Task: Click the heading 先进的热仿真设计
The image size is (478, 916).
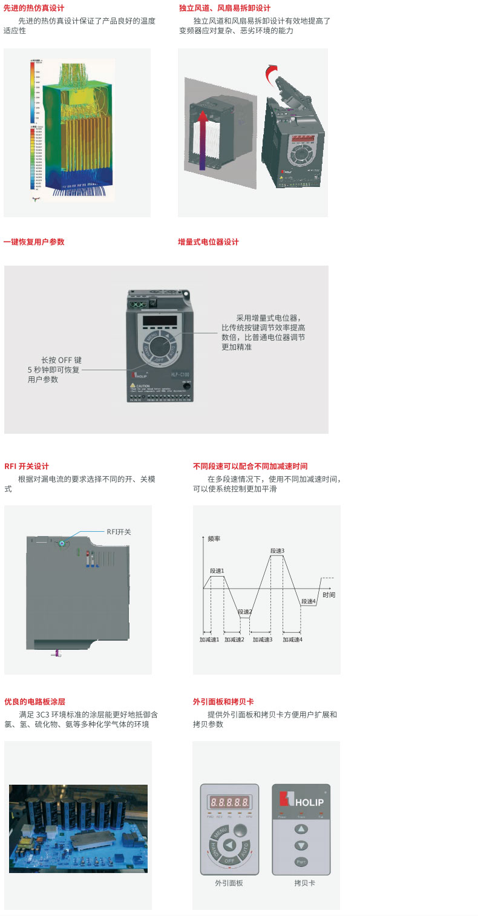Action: (x=34, y=8)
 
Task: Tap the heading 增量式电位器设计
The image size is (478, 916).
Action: (x=208, y=242)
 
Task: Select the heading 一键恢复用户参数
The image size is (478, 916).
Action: (x=34, y=242)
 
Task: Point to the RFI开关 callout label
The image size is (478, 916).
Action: (x=119, y=532)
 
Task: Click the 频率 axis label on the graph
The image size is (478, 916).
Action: (x=214, y=538)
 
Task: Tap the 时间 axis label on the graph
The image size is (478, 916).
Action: (x=329, y=595)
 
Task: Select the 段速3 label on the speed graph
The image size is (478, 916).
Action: (x=277, y=551)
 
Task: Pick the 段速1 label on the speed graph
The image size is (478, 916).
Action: (x=217, y=571)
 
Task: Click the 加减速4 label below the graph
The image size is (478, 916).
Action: (x=292, y=640)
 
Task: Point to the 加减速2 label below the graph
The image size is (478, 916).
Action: (x=234, y=640)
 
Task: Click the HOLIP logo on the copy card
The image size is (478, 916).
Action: (x=301, y=800)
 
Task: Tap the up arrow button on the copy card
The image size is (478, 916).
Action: (x=301, y=829)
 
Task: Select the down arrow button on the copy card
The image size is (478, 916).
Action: (x=301, y=845)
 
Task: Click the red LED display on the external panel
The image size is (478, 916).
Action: (x=229, y=802)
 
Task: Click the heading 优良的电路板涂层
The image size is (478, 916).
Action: (x=34, y=702)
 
